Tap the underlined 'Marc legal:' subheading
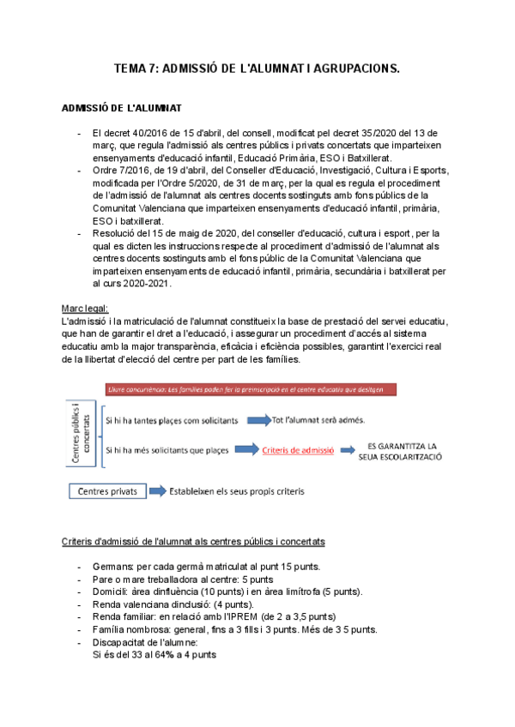(x=85, y=308)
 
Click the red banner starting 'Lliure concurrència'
(x=248, y=388)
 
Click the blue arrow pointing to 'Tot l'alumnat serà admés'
(x=258, y=420)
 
